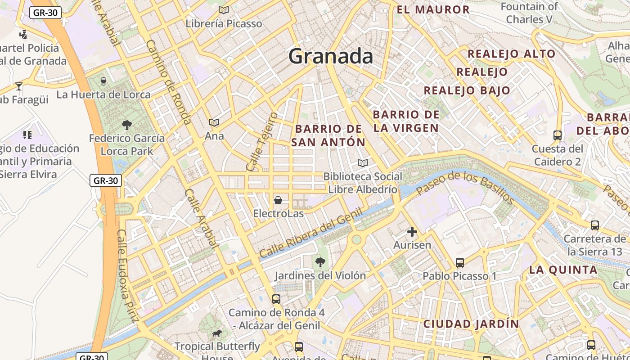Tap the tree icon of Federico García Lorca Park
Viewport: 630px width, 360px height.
point(127,125)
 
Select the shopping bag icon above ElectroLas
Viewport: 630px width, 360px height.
point(278,200)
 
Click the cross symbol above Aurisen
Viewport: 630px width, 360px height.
point(412,232)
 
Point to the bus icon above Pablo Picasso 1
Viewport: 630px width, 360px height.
point(459,262)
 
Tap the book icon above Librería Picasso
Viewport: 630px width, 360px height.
point(224,10)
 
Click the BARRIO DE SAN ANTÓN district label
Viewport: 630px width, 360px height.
point(328,135)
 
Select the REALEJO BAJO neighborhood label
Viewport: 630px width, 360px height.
point(467,90)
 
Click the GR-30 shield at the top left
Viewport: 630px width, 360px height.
point(45,13)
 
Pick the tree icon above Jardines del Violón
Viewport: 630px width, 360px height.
point(320,262)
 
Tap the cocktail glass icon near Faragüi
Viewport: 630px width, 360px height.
point(18,86)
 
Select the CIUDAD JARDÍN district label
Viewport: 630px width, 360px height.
point(471,324)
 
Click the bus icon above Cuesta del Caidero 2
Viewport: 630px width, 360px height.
point(557,135)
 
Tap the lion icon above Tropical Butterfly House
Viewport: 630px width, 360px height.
point(217,333)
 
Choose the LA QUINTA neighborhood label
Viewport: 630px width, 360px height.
point(563,270)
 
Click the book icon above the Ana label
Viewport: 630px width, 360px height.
point(214,122)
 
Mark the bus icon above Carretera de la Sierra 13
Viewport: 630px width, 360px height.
point(594,225)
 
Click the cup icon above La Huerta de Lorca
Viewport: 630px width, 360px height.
point(103,81)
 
